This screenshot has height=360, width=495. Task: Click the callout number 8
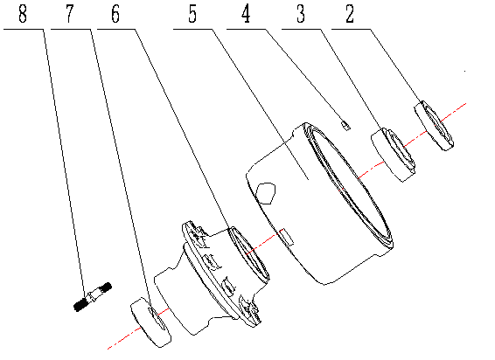[x=20, y=15]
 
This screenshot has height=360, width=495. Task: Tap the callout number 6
[x=115, y=15]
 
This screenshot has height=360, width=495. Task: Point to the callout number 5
[x=191, y=15]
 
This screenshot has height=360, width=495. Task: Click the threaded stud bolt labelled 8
[x=90, y=295]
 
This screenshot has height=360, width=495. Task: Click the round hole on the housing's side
[x=268, y=189]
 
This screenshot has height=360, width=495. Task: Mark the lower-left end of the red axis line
[x=108, y=349]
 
